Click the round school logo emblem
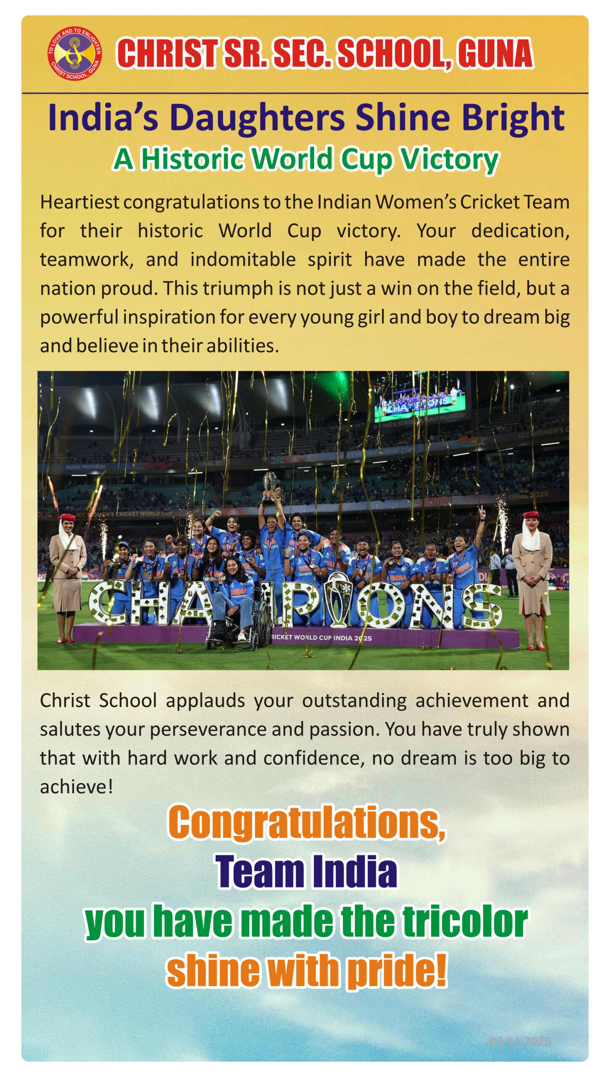click(74, 53)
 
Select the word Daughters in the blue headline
click(257, 117)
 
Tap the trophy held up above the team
click(269, 488)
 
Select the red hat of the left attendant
click(68, 517)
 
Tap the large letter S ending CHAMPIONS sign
click(481, 606)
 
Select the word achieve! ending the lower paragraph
click(76, 787)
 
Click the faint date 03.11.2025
click(520, 1041)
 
